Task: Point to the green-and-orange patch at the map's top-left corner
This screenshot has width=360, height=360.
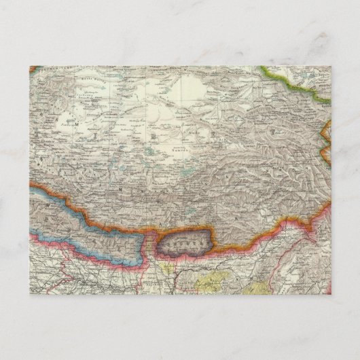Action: (37, 70)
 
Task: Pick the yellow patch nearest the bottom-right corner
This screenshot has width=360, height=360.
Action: (255, 288)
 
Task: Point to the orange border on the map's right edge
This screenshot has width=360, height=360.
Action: (327, 132)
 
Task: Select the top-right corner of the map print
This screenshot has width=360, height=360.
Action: (331, 66)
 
